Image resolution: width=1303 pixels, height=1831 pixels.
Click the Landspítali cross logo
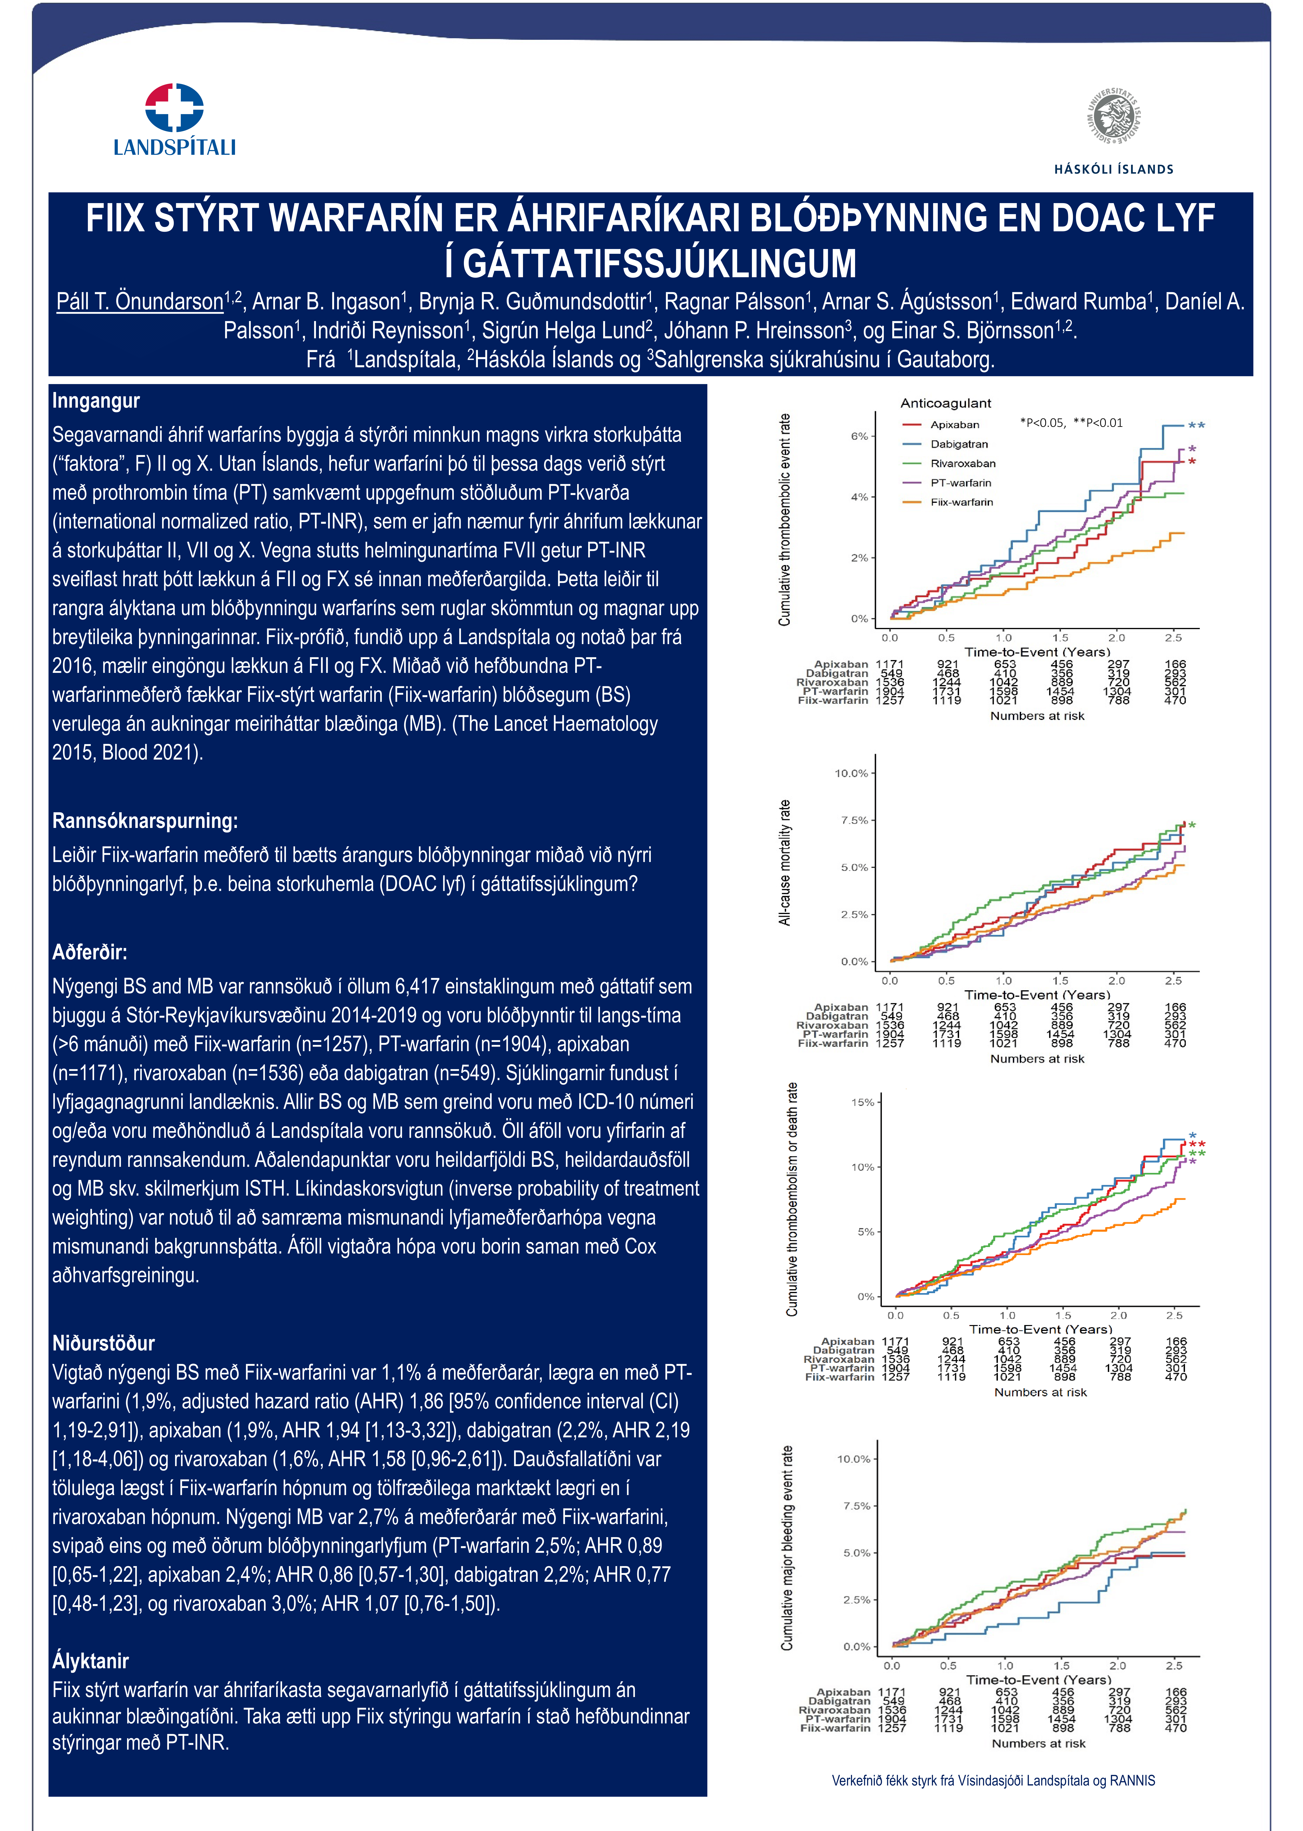point(174,108)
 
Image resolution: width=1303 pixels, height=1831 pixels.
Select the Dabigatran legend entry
point(959,444)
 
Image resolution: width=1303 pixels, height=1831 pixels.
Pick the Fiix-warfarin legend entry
point(961,502)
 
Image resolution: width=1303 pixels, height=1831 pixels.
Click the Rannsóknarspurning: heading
point(144,821)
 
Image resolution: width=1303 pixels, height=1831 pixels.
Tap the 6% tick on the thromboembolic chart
point(859,436)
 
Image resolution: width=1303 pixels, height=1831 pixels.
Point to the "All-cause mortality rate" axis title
point(785,863)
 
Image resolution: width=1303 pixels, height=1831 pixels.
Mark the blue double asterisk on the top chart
point(1196,426)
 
